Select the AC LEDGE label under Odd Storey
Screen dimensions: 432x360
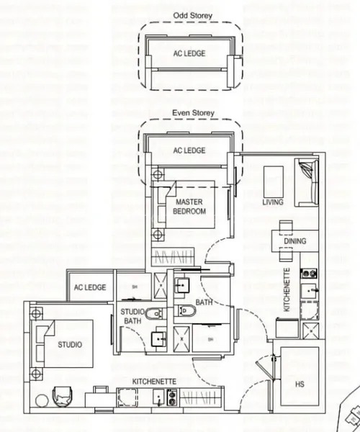(x=189, y=53)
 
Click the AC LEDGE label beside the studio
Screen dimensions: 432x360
(x=90, y=287)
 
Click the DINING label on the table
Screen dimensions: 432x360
(x=289, y=243)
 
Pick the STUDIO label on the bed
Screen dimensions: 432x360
(x=70, y=344)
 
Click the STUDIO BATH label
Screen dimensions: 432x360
(x=132, y=315)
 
